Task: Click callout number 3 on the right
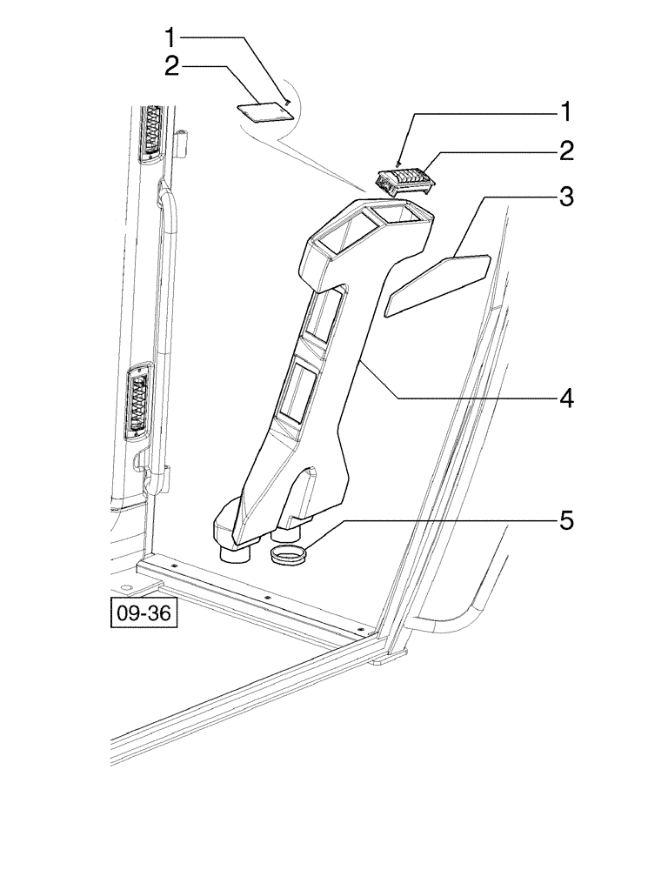click(565, 197)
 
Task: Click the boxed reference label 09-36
click(144, 613)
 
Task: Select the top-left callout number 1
click(172, 37)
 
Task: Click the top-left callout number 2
click(172, 67)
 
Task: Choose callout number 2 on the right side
click(565, 152)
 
